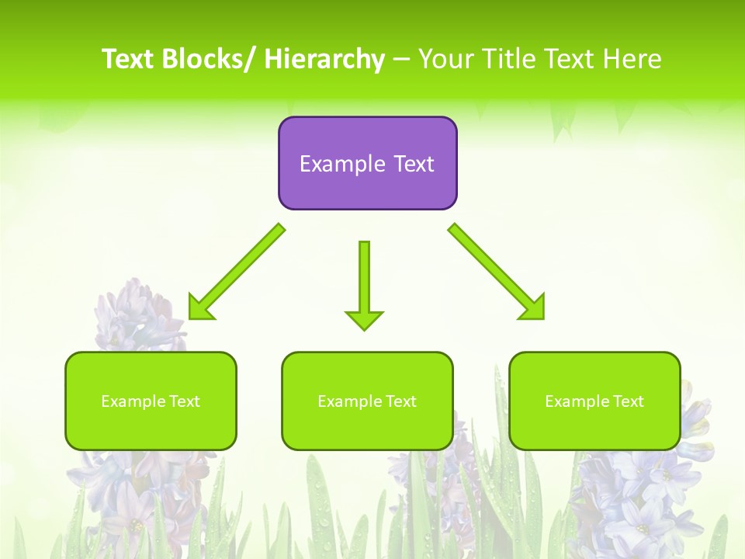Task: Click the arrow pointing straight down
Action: pos(364,279)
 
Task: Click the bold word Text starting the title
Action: pos(129,59)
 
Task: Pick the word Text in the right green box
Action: pos(627,401)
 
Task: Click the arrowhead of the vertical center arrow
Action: pos(364,320)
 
